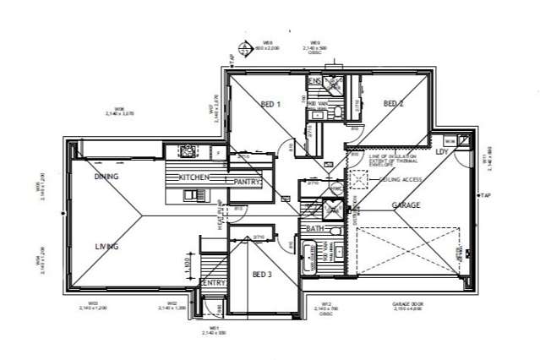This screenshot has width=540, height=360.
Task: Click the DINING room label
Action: click(107, 177)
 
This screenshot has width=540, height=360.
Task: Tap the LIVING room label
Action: click(107, 247)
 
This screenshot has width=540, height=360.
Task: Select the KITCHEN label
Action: click(194, 177)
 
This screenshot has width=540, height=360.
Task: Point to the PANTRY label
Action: click(246, 181)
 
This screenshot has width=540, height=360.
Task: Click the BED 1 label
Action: click(270, 104)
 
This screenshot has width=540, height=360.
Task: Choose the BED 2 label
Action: click(393, 104)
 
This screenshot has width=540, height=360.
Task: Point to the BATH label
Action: click(315, 229)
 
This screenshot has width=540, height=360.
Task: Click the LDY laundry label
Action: click(441, 152)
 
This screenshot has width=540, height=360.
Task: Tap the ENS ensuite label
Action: click(314, 82)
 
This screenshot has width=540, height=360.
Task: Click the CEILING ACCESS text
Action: click(401, 179)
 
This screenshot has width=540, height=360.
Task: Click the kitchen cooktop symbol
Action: click(187, 151)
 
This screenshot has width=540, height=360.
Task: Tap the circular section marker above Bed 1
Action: click(245, 49)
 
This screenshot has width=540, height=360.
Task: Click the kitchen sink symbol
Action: click(192, 196)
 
